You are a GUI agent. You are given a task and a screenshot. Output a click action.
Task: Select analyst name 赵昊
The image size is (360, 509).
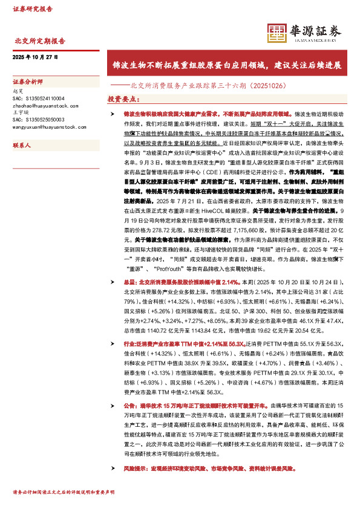[17, 90]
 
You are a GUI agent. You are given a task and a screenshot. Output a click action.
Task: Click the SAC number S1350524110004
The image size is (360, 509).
[38, 97]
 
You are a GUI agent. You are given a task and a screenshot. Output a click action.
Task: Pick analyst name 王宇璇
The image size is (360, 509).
[19, 112]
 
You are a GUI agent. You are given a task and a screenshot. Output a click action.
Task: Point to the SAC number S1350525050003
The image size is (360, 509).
[38, 119]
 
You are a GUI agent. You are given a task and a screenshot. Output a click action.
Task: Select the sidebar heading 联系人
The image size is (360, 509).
[21, 146]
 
